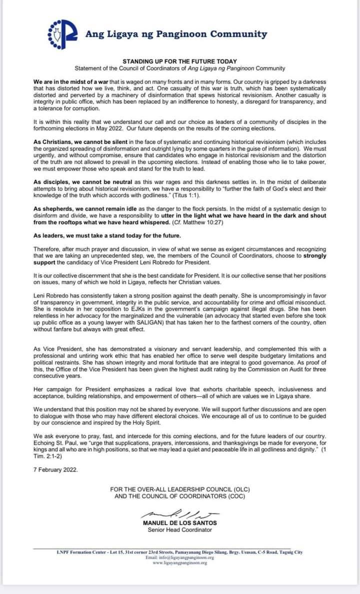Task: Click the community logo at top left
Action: [x=62, y=33]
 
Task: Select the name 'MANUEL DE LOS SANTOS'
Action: [x=179, y=523]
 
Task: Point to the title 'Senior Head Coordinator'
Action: [x=179, y=530]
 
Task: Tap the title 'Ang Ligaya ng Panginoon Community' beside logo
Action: [x=176, y=34]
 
